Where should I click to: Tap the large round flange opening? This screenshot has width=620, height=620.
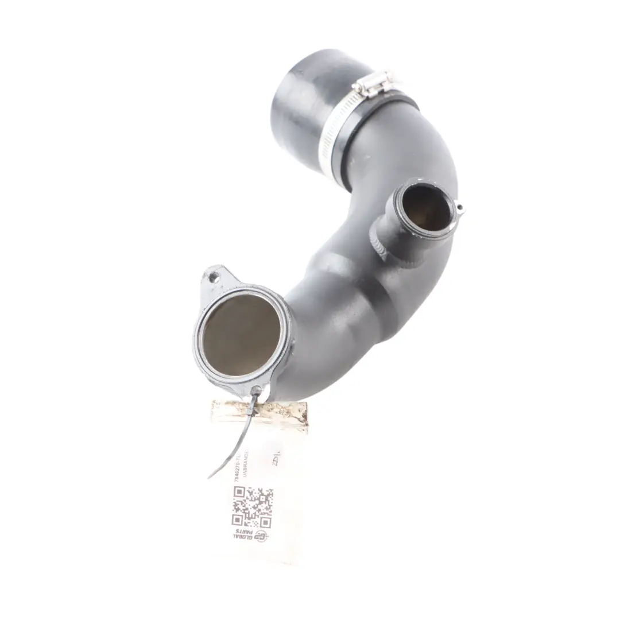242,335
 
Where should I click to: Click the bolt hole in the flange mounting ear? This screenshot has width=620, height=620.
214,278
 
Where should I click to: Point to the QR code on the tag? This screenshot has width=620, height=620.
252,506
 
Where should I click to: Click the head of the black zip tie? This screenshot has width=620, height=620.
255,393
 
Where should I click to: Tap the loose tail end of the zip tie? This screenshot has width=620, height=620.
214,474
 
